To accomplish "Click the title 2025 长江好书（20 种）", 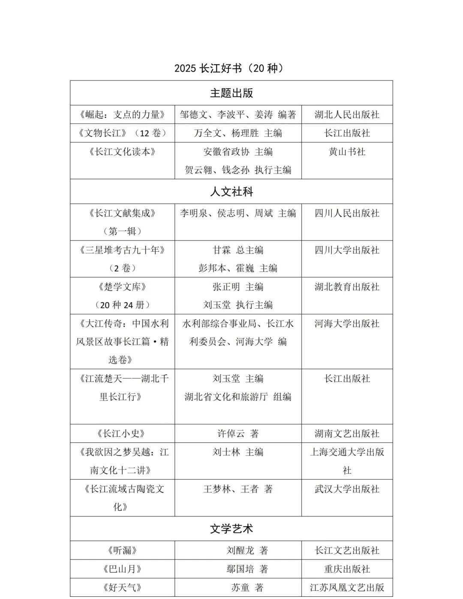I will [231, 68].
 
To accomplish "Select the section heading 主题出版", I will [231, 93].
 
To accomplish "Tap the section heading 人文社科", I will [231, 192].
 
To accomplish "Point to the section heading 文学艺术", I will [231, 529].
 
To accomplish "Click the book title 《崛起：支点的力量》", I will [122, 114].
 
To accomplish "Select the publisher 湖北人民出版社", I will [347, 114].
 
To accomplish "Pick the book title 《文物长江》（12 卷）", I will [122, 133].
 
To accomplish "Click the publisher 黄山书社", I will [347, 152].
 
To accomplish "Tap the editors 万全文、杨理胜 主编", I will [238, 133].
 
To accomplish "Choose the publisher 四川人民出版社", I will [347, 213].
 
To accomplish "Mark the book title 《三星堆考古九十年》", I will [122, 250].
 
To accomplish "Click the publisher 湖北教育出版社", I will [347, 287].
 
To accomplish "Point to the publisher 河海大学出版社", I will [347, 324].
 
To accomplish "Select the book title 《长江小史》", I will [122, 433].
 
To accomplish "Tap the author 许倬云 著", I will [238, 433].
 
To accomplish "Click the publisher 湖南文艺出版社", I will [347, 433].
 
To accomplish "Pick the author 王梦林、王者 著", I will [238, 489].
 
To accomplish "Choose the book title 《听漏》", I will [122, 550].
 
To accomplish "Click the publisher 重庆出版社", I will [347, 569].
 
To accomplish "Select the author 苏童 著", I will [247, 587].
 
